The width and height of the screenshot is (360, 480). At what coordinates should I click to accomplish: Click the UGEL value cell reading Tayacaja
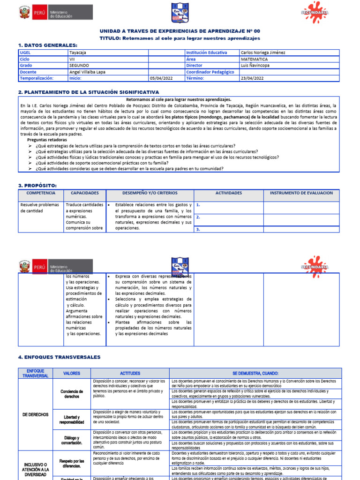(78, 53)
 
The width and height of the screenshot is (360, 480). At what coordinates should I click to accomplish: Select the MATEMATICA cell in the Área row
(255, 60)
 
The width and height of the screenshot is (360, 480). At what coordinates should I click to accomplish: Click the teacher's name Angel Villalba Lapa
(87, 72)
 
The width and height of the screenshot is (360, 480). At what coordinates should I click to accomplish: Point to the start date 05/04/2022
(161, 78)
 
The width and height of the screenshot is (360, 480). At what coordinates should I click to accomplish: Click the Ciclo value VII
(72, 60)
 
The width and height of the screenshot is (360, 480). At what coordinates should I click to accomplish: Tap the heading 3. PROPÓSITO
(37, 186)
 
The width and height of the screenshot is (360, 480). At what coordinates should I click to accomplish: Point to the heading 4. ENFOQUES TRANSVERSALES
(59, 357)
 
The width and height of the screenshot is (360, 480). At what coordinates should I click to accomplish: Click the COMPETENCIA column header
(41, 193)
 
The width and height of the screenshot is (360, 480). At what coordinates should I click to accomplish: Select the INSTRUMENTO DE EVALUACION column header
(301, 193)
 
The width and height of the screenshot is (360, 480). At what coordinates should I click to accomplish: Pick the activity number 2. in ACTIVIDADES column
(198, 217)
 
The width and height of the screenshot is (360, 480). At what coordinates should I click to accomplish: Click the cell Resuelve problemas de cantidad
(40, 208)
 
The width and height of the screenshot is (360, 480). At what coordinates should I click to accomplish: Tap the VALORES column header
(72, 374)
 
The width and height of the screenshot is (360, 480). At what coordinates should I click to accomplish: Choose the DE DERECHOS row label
(35, 415)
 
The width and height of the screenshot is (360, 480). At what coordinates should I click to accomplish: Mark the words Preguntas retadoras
(47, 140)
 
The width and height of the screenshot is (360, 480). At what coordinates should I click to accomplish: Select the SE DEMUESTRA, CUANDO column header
(255, 374)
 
